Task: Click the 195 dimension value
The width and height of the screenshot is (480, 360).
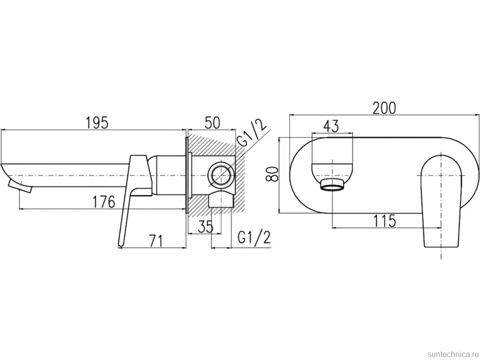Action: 96,123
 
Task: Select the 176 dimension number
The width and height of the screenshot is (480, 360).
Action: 104,202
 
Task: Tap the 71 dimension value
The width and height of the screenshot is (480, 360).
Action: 156,241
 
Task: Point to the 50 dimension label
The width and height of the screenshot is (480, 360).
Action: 212,123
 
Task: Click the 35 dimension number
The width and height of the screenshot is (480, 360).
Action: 205,226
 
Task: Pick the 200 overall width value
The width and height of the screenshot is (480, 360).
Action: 384,108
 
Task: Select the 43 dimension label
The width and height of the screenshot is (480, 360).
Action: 331,126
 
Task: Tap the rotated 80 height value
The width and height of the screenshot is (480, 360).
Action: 272,174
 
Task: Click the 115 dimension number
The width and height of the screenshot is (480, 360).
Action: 384,221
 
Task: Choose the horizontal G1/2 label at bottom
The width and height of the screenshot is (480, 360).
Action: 254,237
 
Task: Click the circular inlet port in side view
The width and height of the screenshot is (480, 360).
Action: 221,176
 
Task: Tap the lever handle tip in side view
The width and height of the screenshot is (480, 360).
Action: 121,243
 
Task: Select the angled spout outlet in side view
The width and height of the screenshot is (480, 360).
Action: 20,186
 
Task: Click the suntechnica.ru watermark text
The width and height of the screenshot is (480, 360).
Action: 453,354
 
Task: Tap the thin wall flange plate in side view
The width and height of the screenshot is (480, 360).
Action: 186,175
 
